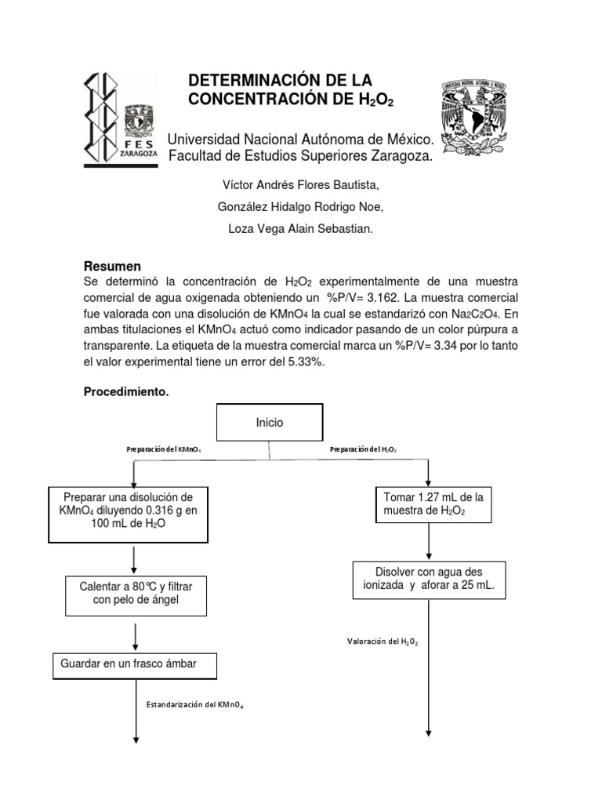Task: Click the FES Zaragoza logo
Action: [x=121, y=119]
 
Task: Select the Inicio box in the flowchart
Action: [x=270, y=423]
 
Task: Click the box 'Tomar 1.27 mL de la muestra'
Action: [x=432, y=505]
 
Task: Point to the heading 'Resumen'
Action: [x=112, y=266]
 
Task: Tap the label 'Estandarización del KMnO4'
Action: [x=194, y=705]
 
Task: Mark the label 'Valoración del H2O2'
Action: [x=383, y=641]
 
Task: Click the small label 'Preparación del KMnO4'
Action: [x=163, y=450]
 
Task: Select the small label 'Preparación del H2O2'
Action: [x=364, y=450]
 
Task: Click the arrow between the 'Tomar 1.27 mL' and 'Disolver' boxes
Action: [x=429, y=541]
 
